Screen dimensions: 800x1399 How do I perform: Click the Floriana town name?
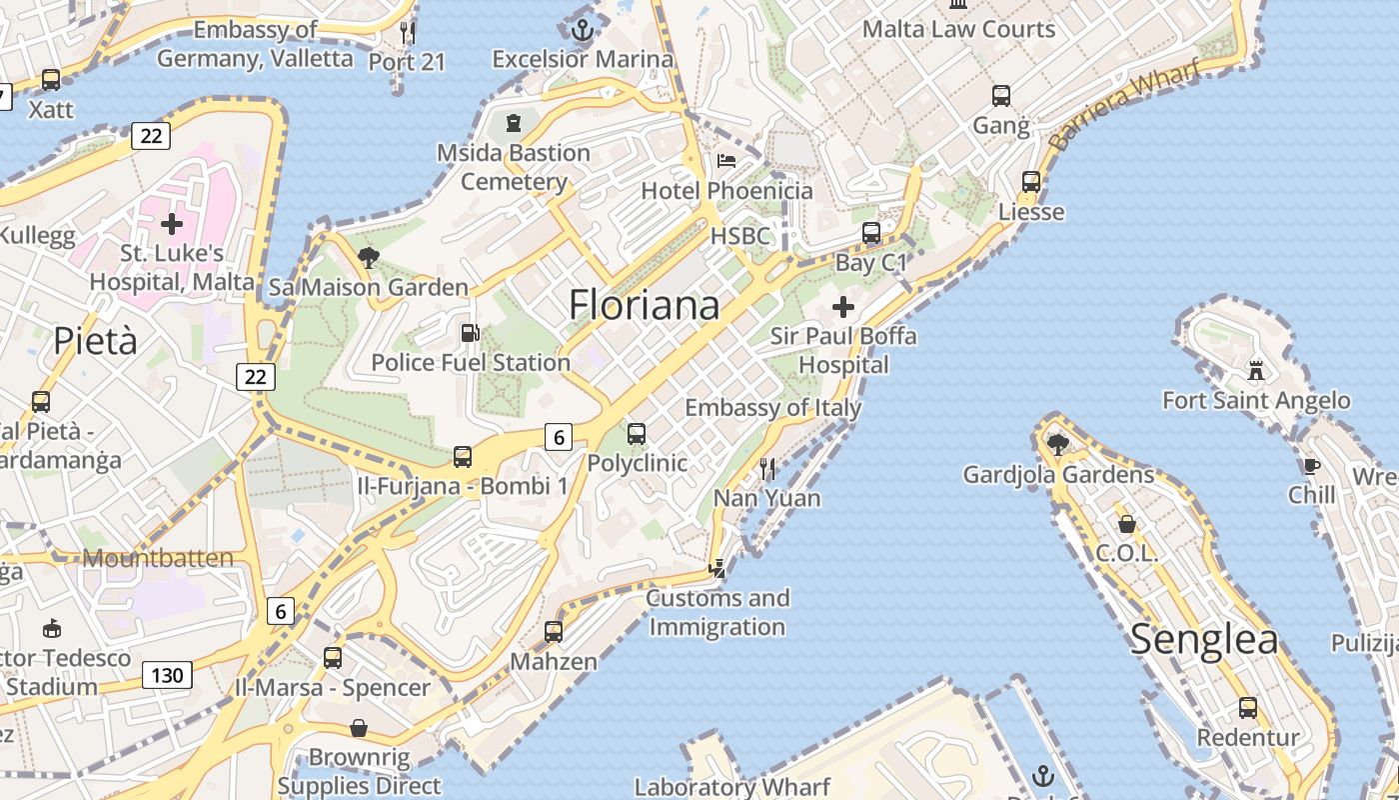tap(644, 305)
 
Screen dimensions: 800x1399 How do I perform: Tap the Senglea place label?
tap(1204, 640)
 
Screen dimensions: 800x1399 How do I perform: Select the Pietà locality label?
tap(95, 341)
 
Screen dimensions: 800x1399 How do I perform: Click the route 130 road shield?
tap(167, 675)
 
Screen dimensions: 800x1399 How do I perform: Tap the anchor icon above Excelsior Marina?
tap(582, 29)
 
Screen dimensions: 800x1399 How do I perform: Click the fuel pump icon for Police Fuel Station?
tap(469, 333)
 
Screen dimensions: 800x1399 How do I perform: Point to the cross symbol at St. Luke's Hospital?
tap(172, 223)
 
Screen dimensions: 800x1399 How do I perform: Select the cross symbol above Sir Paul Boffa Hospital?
tap(843, 306)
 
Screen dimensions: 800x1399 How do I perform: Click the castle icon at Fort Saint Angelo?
tap(1256, 371)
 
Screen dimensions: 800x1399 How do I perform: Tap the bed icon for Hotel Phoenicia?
tap(726, 161)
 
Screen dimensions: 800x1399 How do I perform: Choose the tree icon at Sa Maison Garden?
tap(368, 257)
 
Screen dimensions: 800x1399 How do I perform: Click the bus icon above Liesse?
tap(1031, 182)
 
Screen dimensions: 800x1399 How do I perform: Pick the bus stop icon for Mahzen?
tap(553, 632)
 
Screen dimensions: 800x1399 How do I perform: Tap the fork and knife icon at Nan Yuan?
tap(767, 467)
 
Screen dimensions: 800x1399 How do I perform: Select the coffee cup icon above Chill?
tap(1311, 465)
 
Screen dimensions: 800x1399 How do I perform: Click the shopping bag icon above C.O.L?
tap(1126, 524)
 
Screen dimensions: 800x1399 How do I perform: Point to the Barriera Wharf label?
tap(1110, 110)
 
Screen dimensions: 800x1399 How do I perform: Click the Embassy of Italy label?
tap(772, 408)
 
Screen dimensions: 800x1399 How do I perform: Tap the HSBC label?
tap(740, 236)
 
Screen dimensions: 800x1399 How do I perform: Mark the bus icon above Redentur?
tap(1248, 708)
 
